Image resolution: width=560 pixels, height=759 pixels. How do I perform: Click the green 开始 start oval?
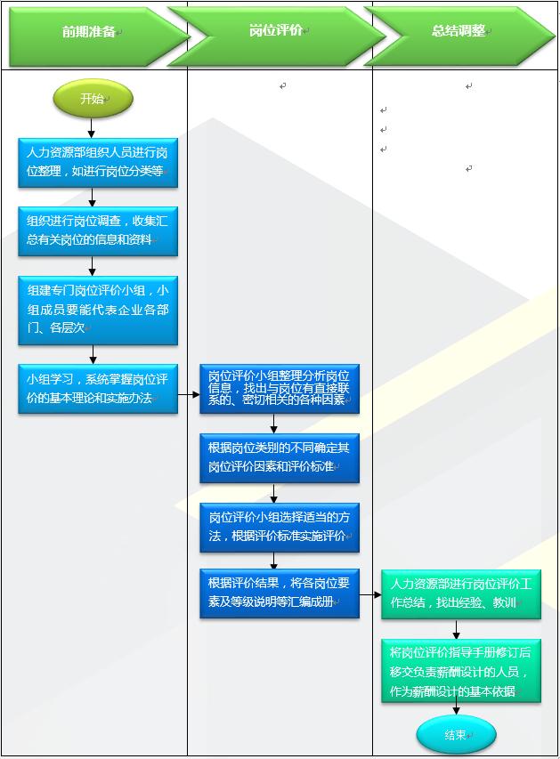(x=93, y=99)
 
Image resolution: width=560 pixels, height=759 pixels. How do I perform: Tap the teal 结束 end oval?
(x=455, y=735)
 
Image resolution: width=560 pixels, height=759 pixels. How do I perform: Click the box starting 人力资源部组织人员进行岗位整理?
(x=98, y=162)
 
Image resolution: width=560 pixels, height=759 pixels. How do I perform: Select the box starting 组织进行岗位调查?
(x=98, y=230)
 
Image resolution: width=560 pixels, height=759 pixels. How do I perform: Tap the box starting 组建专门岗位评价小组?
(x=98, y=310)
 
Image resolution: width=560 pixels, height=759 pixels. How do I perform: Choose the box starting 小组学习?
(x=98, y=389)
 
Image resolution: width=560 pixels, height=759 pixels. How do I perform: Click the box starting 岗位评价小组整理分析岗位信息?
(x=280, y=389)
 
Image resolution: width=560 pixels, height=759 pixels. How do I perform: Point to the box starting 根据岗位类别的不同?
(x=280, y=457)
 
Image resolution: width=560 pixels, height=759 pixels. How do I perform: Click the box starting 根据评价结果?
(x=280, y=593)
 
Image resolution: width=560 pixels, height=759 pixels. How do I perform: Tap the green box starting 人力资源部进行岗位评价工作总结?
(x=460, y=593)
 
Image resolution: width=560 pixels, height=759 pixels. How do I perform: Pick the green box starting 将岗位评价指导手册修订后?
(x=460, y=671)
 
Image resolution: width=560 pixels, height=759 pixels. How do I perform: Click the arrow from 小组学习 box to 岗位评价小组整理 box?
(x=188, y=393)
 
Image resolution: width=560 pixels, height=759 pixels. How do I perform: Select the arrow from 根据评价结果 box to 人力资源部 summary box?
(x=370, y=593)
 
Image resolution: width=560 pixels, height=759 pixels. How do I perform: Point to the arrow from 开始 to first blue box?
(x=92, y=127)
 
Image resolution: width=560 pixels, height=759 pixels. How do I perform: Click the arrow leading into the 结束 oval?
(x=456, y=709)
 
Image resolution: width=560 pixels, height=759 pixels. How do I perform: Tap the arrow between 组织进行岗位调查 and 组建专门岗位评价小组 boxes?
(x=92, y=266)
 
